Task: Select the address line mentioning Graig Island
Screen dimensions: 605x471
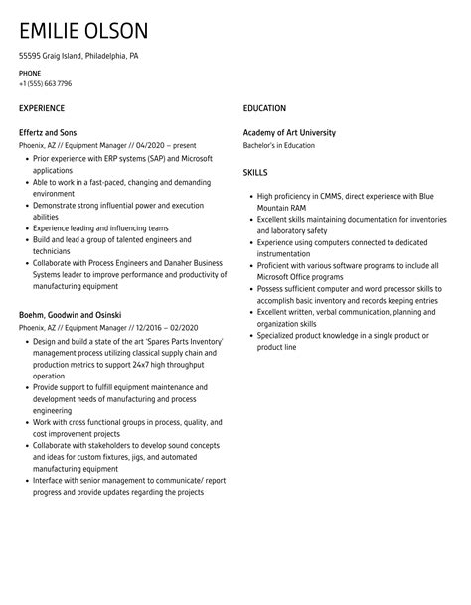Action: tap(78, 56)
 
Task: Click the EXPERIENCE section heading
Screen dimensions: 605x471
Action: tap(42, 108)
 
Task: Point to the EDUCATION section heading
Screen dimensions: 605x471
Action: tap(264, 108)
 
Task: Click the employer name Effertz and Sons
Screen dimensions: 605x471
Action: tap(48, 132)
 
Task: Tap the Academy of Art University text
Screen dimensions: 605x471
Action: tap(289, 132)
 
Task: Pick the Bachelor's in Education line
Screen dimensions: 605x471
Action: tap(279, 145)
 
